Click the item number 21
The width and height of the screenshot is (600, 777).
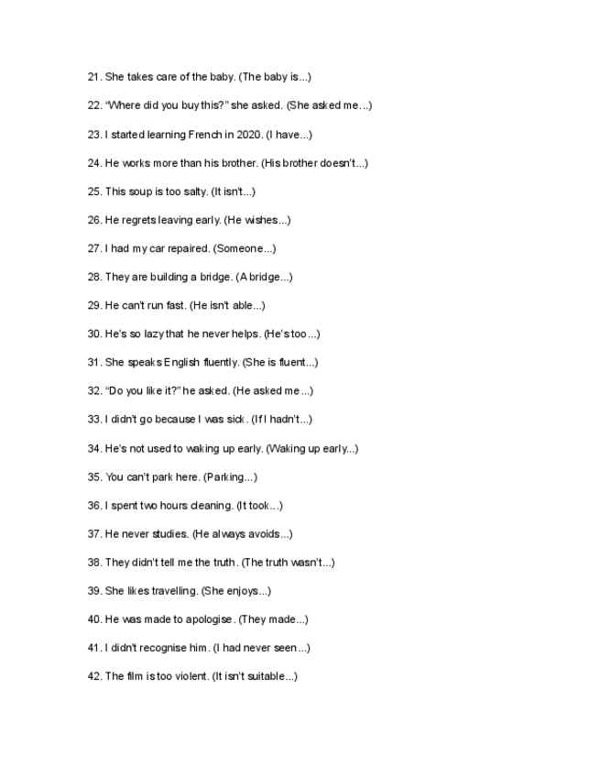pyautogui.click(x=93, y=77)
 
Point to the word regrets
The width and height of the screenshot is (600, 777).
pyautogui.click(x=141, y=220)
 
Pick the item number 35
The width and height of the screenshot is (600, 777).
pyautogui.click(x=93, y=476)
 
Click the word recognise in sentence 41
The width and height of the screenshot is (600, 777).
pyautogui.click(x=161, y=648)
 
